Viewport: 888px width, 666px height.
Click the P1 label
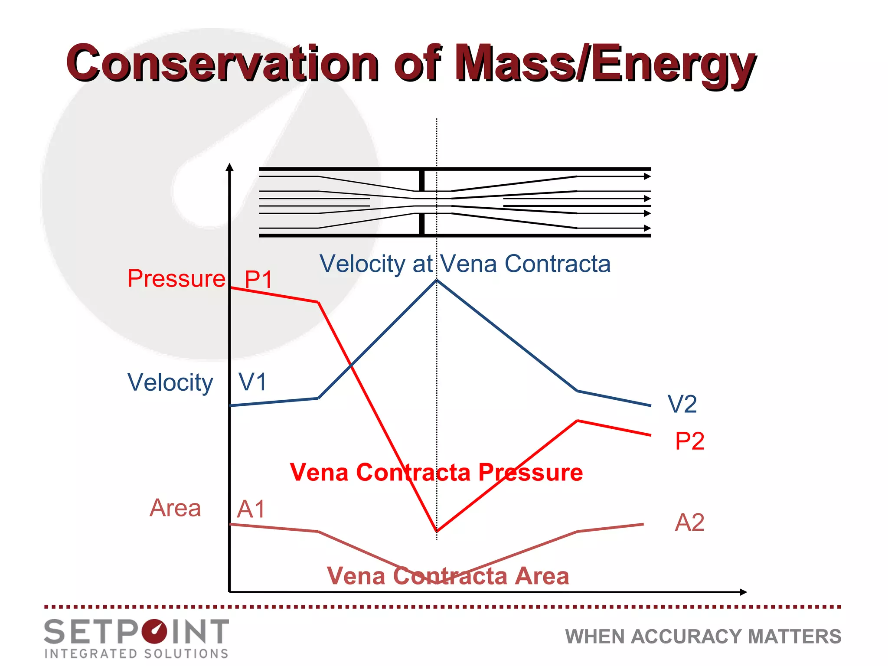(258, 279)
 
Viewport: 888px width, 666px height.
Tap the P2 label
(689, 441)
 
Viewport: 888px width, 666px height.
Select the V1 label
(252, 382)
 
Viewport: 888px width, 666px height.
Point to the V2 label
(682, 404)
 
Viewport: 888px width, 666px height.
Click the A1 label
(251, 509)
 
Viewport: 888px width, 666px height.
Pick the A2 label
(689, 522)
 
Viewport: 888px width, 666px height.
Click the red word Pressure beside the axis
(176, 278)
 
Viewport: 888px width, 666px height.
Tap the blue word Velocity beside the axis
(170, 382)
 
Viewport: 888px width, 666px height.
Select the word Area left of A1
(175, 508)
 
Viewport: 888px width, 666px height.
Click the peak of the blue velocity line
(437, 281)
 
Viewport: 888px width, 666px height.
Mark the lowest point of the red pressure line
(437, 531)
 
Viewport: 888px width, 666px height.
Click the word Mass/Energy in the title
(605, 64)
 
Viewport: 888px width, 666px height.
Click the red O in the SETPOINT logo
(153, 631)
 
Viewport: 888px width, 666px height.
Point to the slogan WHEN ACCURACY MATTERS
(703, 637)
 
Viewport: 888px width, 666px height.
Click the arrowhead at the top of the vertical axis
(230, 167)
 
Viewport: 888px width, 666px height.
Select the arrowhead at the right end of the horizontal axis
(743, 592)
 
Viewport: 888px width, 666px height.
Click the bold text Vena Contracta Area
(447, 576)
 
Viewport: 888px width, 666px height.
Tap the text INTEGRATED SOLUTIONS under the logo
(137, 653)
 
